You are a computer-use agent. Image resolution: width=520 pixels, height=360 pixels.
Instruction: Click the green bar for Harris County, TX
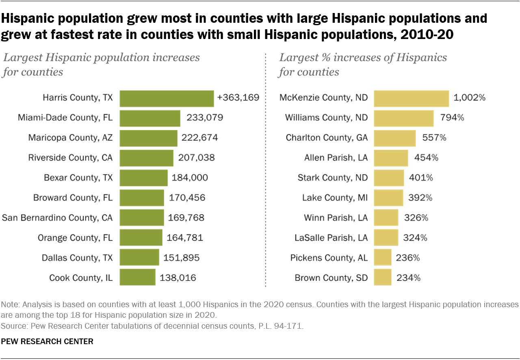(x=167, y=98)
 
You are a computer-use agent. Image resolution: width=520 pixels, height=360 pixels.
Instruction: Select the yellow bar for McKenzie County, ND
(x=411, y=98)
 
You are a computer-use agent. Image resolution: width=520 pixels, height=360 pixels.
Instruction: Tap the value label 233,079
(x=204, y=118)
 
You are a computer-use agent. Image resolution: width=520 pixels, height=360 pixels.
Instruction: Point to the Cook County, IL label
(x=81, y=278)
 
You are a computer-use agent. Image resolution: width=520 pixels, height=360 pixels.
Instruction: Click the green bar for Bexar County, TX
(x=144, y=178)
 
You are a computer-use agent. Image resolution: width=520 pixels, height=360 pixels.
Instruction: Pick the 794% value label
(x=452, y=118)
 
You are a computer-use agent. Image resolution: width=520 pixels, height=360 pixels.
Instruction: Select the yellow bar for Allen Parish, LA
(x=391, y=158)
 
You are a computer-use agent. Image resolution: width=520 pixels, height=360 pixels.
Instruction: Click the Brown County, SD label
(x=331, y=278)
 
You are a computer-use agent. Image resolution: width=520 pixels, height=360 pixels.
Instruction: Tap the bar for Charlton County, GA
(x=394, y=138)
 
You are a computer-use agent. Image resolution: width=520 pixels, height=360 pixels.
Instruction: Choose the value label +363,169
(x=238, y=98)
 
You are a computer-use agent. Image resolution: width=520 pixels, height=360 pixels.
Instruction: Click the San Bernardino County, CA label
(x=57, y=218)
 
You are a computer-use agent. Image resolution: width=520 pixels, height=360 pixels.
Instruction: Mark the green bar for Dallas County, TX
(x=139, y=258)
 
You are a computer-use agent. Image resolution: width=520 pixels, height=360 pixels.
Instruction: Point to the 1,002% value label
(x=470, y=98)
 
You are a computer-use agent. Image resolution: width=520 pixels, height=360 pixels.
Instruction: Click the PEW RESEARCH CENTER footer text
(x=47, y=342)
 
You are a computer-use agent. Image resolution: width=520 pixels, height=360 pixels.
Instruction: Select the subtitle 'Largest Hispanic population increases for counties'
(x=102, y=65)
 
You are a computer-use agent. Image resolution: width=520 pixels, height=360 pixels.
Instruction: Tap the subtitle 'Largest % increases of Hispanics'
(x=363, y=58)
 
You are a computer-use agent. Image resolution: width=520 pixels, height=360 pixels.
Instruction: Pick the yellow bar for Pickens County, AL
(x=382, y=258)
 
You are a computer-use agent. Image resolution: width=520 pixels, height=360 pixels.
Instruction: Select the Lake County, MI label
(x=335, y=198)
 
